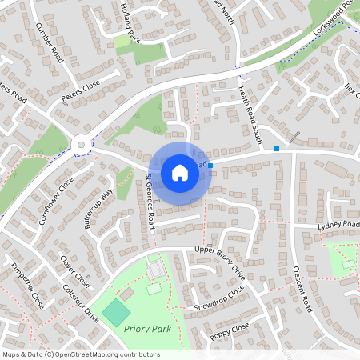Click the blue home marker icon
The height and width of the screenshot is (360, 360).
pyautogui.click(x=180, y=173)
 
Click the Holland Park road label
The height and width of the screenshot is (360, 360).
pyautogui.click(x=130, y=22)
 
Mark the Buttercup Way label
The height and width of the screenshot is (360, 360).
pyautogui.click(x=98, y=210)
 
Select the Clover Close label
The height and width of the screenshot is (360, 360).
pyautogui.click(x=75, y=270)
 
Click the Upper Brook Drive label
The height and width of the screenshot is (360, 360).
pyautogui.click(x=219, y=261)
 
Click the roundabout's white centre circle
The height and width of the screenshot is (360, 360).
pyautogui.click(x=81, y=146)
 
